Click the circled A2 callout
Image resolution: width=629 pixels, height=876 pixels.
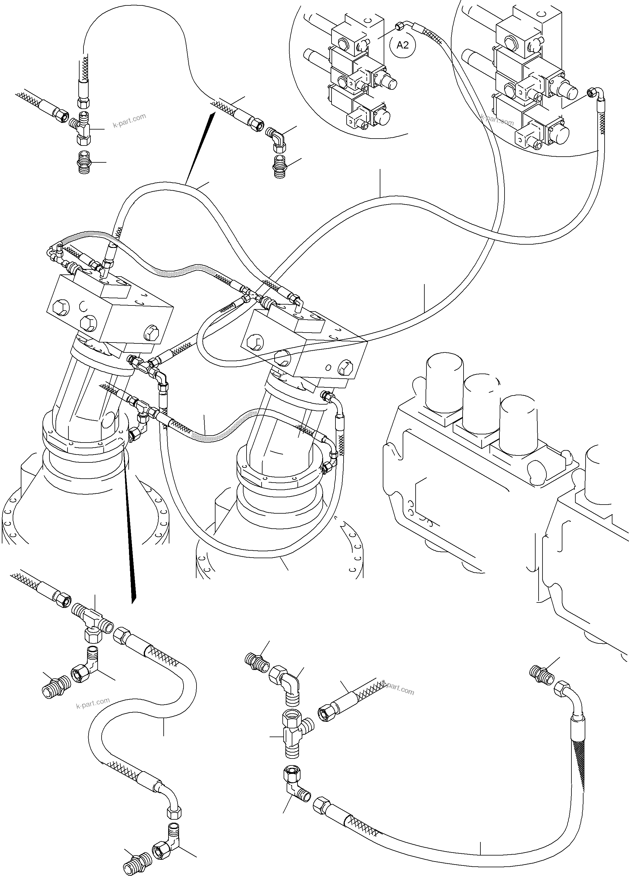click(x=403, y=45)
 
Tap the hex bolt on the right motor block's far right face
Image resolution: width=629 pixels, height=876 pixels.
click(x=345, y=368)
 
